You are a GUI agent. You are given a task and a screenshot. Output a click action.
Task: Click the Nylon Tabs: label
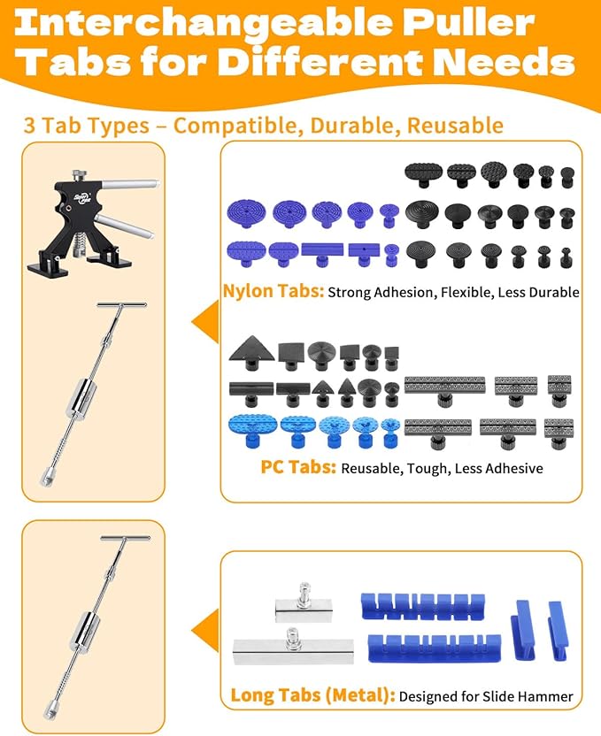coord(273,290)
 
